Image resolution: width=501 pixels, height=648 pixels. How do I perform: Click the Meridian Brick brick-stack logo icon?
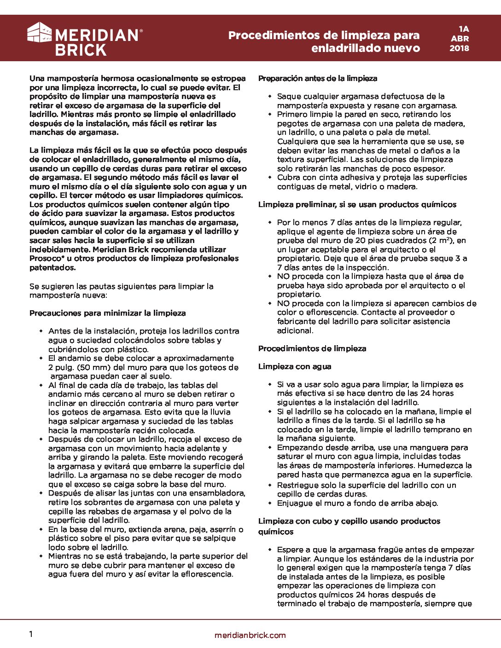click(x=39, y=33)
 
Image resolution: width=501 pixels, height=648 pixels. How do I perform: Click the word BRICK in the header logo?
click(x=81, y=50)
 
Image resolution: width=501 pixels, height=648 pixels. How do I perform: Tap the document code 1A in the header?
click(x=463, y=29)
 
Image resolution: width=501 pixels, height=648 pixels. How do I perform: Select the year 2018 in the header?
click(x=459, y=48)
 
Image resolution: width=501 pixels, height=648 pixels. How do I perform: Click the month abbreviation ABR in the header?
click(x=460, y=39)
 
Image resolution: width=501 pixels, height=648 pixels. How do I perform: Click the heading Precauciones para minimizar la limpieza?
click(x=107, y=313)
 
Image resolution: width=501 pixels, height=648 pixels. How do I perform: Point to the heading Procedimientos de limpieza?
click(x=312, y=348)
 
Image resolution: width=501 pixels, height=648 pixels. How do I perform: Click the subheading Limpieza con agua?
click(x=294, y=366)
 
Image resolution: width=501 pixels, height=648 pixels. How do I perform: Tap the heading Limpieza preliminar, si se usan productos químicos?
click(x=357, y=204)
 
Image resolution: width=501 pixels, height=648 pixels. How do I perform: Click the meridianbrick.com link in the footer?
click(x=250, y=635)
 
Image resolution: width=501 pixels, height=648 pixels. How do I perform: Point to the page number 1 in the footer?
click(x=31, y=634)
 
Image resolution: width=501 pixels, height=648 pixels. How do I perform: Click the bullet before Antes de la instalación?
click(x=41, y=331)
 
